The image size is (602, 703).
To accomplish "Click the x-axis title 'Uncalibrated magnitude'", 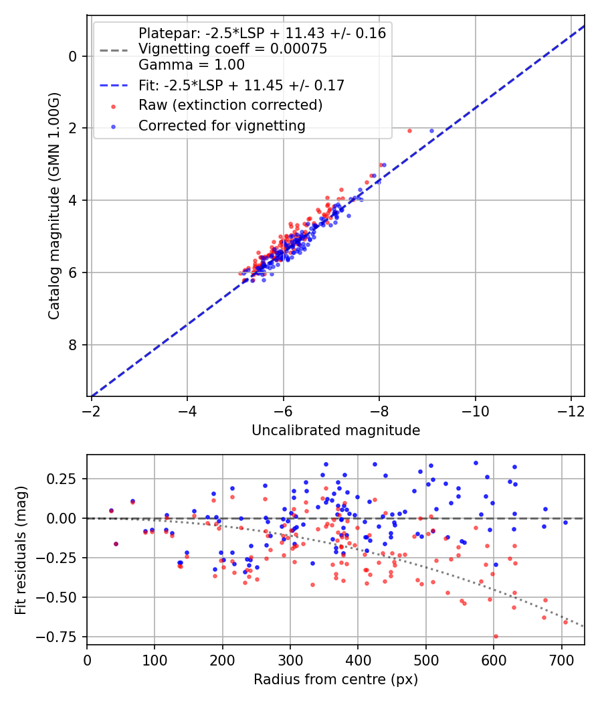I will click(x=336, y=431).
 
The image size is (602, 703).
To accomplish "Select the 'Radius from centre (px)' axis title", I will click(x=336, y=680).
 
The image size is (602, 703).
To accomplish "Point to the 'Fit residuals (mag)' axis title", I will click(x=21, y=549).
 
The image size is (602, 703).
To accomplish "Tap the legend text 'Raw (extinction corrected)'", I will click(x=231, y=105).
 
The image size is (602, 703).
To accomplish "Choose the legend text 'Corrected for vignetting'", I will click(x=222, y=125).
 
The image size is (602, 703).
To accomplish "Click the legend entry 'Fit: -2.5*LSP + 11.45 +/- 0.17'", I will click(x=241, y=85).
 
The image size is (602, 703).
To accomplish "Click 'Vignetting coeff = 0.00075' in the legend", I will click(x=233, y=49).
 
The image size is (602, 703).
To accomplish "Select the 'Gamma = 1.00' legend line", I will click(x=191, y=65).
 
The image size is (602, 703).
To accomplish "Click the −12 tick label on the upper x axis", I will click(x=571, y=408).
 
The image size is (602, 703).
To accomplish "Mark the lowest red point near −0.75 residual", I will click(x=496, y=636).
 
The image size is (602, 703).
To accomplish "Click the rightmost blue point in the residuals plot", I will click(x=565, y=522).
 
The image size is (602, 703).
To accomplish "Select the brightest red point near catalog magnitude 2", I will click(x=409, y=131).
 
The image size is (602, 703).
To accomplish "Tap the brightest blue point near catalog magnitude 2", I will click(x=431, y=131).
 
